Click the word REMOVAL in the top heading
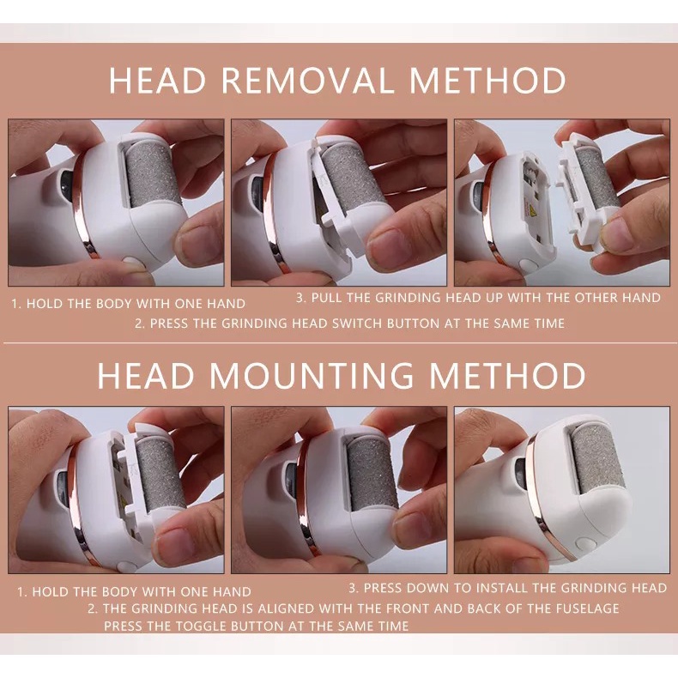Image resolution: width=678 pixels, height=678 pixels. [310, 80]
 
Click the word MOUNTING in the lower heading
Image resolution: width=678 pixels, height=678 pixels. [312, 375]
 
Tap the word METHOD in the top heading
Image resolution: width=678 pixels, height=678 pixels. [487, 80]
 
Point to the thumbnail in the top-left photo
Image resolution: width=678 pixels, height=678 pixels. [197, 247]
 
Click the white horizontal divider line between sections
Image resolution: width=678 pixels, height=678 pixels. [339, 343]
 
